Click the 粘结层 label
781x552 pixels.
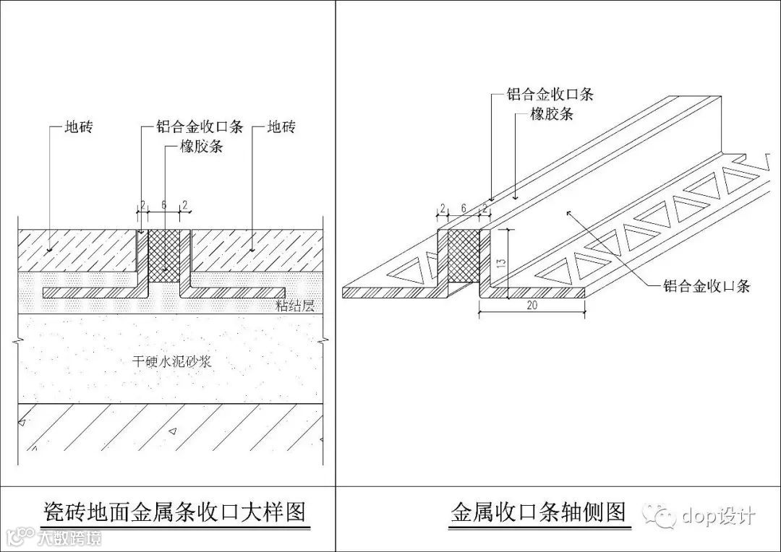[x=296, y=306]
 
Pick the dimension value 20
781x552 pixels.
[x=532, y=306]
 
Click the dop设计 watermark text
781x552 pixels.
[x=718, y=515]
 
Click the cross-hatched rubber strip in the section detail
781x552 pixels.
[x=163, y=254]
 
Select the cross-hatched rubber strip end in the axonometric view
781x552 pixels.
[x=464, y=257]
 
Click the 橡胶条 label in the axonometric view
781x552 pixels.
[x=552, y=113]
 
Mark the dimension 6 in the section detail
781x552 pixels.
[x=163, y=205]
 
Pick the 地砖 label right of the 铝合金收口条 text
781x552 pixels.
[x=282, y=128]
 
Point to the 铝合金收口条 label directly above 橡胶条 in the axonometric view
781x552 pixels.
[x=550, y=94]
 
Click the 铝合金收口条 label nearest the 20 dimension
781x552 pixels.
[x=707, y=285]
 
